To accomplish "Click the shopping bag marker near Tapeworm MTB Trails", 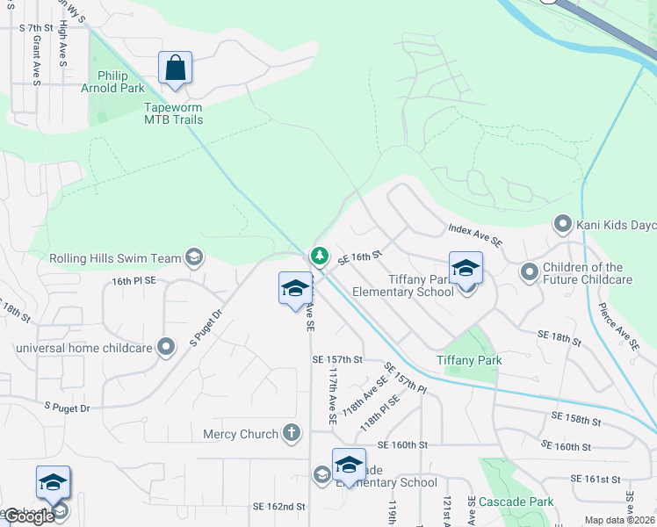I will click(175, 68).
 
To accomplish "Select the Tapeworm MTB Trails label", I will click(173, 113).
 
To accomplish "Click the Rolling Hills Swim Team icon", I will click(194, 257).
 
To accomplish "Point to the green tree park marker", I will click(320, 256).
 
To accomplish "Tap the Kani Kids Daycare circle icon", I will click(563, 225).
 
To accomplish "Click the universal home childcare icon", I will click(164, 347).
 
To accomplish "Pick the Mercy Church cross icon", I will click(292, 433).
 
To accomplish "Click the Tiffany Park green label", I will click(469, 360).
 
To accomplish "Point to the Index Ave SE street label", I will click(474, 235).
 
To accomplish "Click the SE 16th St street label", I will click(359, 256).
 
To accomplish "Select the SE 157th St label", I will click(336, 359).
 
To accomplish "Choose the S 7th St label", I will click(38, 28).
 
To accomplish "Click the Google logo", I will click(29, 516).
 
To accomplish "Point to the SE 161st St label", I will click(596, 479).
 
